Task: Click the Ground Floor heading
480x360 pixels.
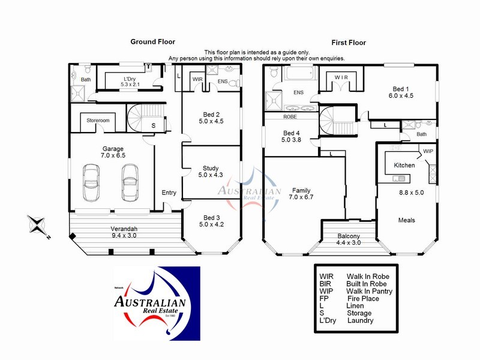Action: [152, 43]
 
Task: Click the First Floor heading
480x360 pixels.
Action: [349, 43]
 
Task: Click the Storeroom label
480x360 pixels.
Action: [98, 121]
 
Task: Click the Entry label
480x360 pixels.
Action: [169, 193]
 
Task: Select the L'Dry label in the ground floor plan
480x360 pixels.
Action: [130, 79]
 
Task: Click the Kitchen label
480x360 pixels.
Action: [404, 164]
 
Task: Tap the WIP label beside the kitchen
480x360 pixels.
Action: [428, 152]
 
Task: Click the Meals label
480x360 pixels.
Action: [406, 220]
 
